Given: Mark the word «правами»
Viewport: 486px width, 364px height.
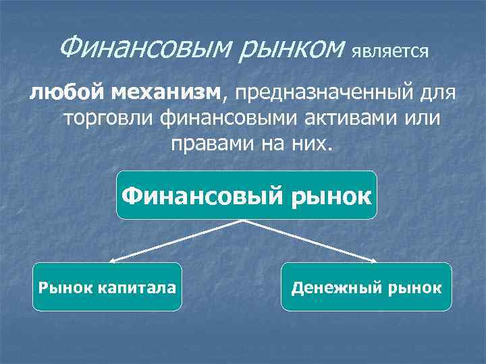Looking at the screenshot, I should (207, 144).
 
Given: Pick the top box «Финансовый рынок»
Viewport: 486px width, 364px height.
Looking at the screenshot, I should (246, 195).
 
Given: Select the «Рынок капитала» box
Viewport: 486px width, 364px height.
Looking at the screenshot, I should (107, 287).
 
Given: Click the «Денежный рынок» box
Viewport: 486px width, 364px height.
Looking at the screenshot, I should (366, 287).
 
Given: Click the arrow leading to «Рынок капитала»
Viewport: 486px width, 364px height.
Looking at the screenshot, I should (175, 240).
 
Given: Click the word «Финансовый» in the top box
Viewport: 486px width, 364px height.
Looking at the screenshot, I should (203, 196).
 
